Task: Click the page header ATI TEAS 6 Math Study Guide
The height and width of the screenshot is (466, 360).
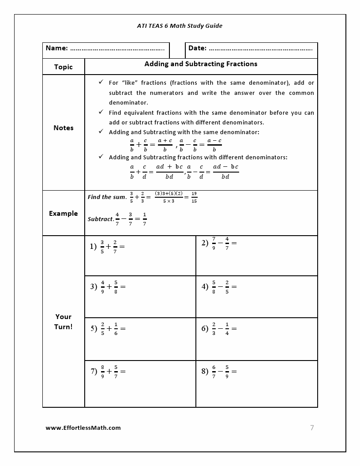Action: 180,26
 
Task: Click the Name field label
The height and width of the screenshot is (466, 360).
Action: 57,48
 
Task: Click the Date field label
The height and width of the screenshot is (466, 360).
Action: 197,48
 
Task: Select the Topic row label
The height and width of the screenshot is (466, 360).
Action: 63,67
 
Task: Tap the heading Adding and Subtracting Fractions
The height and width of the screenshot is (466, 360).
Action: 201,64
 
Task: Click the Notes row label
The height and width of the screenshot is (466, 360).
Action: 63,128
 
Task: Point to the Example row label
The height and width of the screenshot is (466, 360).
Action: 63,214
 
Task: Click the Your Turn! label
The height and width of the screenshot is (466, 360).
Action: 63,322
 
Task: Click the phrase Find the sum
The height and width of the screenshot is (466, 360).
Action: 107,197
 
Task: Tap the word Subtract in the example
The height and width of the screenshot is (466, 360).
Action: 100,219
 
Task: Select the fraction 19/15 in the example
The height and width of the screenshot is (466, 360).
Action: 194,197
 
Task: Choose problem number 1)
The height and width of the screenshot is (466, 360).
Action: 93,247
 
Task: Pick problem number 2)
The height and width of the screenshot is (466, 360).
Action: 205,243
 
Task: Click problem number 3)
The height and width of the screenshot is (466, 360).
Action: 94,286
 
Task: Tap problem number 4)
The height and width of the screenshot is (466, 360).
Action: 205,286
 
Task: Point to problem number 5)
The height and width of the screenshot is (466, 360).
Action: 94,328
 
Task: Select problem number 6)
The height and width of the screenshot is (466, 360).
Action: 205,328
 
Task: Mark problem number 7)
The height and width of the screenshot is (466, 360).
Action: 94,371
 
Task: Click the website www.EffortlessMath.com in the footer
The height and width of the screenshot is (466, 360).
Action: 83,428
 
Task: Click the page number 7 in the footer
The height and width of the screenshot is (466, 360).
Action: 312,428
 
